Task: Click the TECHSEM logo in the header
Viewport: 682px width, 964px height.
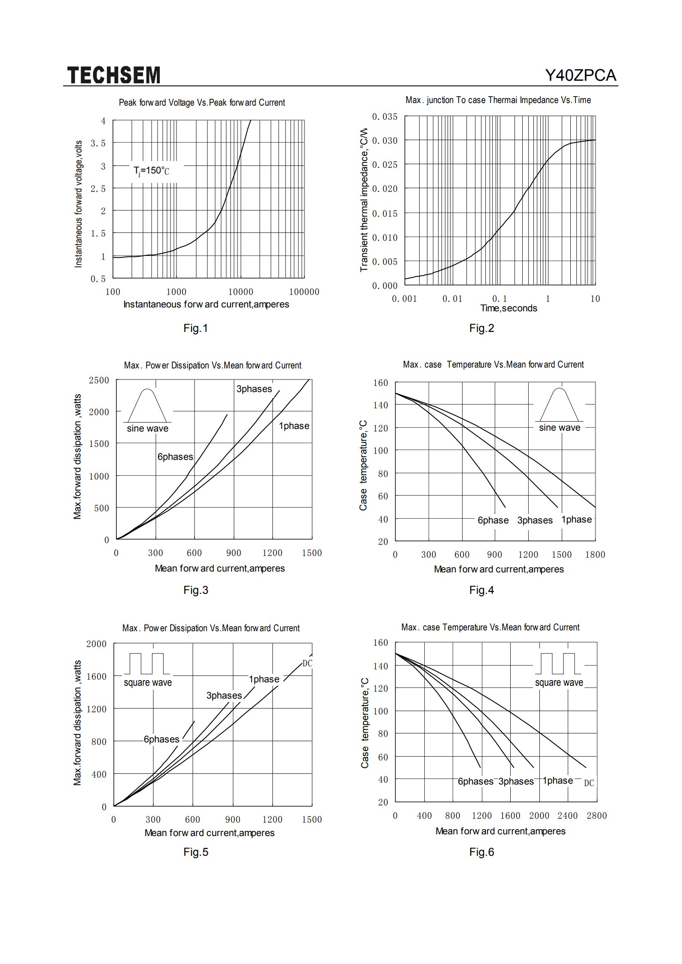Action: pos(114,75)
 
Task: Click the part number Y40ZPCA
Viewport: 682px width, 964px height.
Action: pos(581,76)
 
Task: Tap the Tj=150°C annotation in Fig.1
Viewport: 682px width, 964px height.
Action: pos(152,171)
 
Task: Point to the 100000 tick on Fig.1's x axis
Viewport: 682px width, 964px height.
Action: pos(304,292)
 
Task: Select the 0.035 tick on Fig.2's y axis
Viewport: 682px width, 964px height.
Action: pos(385,117)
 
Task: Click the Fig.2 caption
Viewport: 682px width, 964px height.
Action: pos(481,328)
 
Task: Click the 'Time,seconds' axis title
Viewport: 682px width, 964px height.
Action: pos(508,308)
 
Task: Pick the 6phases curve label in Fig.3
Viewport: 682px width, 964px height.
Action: pos(175,457)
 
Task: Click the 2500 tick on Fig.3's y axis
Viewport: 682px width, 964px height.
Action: pos(99,380)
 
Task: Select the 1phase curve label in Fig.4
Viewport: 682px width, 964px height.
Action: pos(576,520)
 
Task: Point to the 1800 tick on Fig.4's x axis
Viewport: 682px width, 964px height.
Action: pos(595,555)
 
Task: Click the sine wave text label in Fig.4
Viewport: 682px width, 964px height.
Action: pos(560,428)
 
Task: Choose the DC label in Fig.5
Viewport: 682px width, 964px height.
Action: pos(308,663)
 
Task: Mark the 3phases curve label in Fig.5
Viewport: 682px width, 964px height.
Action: pos(224,696)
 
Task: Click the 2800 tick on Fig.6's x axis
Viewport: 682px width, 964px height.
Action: pos(597,816)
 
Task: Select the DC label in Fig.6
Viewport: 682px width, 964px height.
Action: pos(589,783)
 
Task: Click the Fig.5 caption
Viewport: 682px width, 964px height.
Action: pos(196,852)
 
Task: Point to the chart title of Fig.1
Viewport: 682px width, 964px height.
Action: pos(202,103)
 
